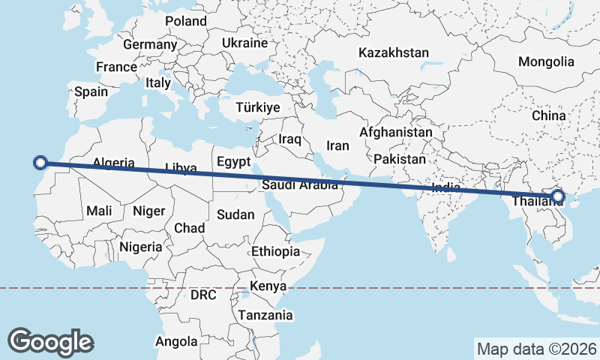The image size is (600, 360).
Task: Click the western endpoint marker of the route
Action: coord(41,161)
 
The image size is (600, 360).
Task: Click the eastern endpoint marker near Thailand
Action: coord(557,197)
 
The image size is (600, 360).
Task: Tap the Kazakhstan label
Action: coord(393,53)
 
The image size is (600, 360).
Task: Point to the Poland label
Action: coord(185,21)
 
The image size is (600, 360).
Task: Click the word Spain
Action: coord(91,92)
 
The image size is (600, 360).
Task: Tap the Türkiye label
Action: coord(257,108)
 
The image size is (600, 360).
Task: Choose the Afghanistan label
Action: coord(396,132)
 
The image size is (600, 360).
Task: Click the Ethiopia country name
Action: coord(276,251)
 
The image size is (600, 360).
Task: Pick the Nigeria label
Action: coord(140,247)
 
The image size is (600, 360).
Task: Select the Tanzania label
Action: coord(265,316)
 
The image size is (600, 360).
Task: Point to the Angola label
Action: coord(176,342)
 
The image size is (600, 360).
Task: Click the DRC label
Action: coord(203,295)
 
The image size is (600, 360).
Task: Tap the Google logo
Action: coord(50,342)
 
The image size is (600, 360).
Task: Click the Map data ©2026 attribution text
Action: coord(537,349)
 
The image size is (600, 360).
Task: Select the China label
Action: coord(548,115)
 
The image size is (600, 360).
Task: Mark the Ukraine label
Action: coord(244,43)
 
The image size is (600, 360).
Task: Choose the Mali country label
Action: coord(99,211)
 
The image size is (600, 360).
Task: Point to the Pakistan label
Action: coord(400,160)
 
